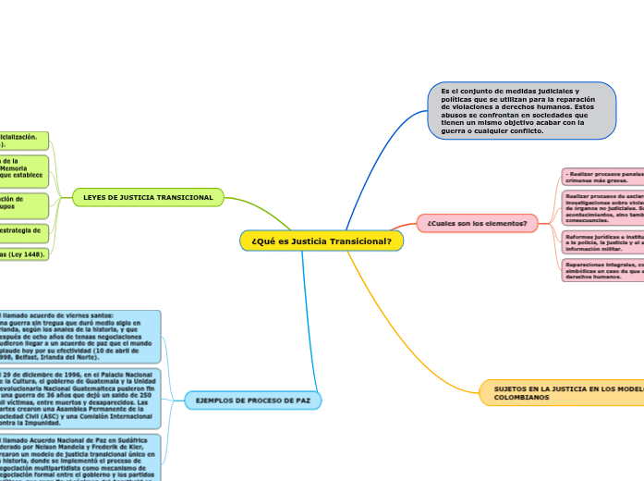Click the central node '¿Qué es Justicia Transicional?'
(x=322, y=240)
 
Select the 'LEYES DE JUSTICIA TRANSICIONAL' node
(x=148, y=197)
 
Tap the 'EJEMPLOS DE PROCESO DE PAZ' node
(x=253, y=400)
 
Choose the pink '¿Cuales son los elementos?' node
(x=477, y=223)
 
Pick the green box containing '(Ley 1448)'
(x=23, y=253)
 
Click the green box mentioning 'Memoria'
(x=23, y=170)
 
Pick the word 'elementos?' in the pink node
(x=504, y=223)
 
